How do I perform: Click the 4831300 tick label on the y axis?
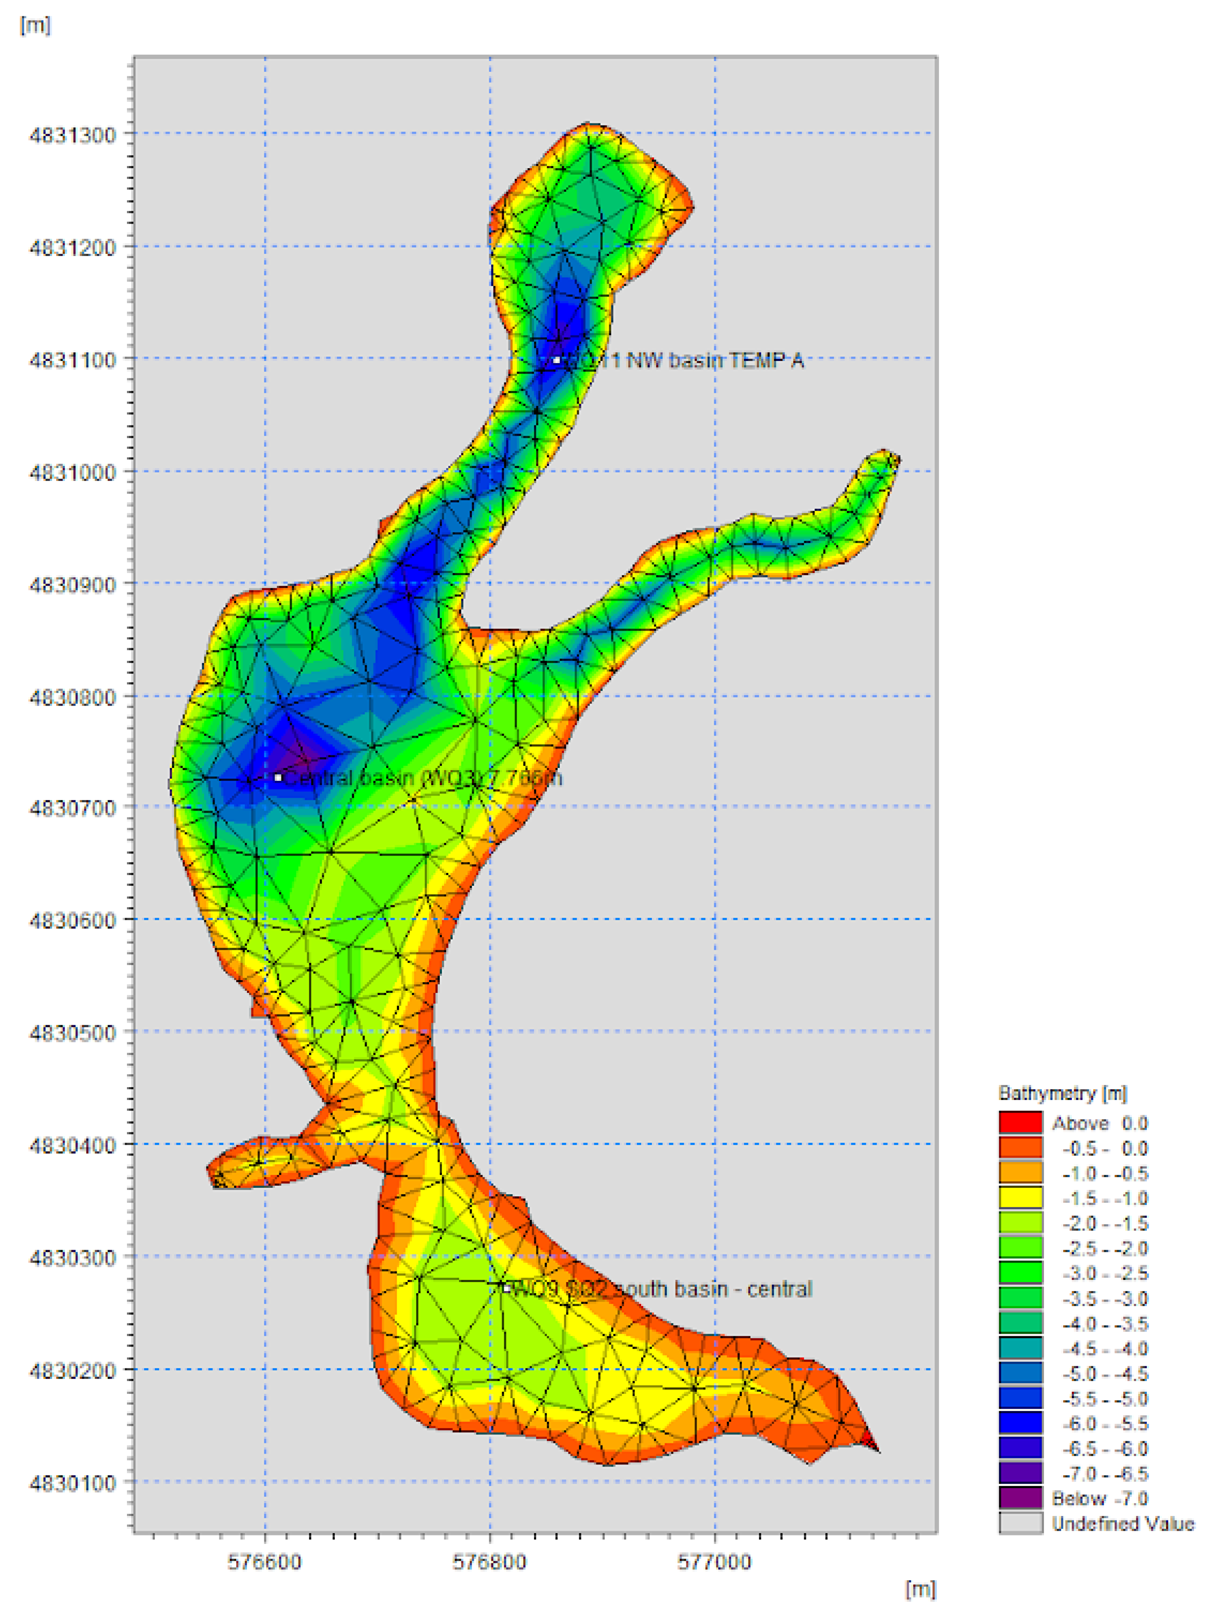click(72, 135)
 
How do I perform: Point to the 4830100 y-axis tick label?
click(72, 1483)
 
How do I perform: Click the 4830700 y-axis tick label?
click(72, 808)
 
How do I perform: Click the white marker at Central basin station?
click(278, 777)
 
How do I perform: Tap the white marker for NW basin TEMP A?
click(556, 360)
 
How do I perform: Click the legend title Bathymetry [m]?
click(1062, 1094)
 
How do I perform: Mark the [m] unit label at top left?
click(35, 25)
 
